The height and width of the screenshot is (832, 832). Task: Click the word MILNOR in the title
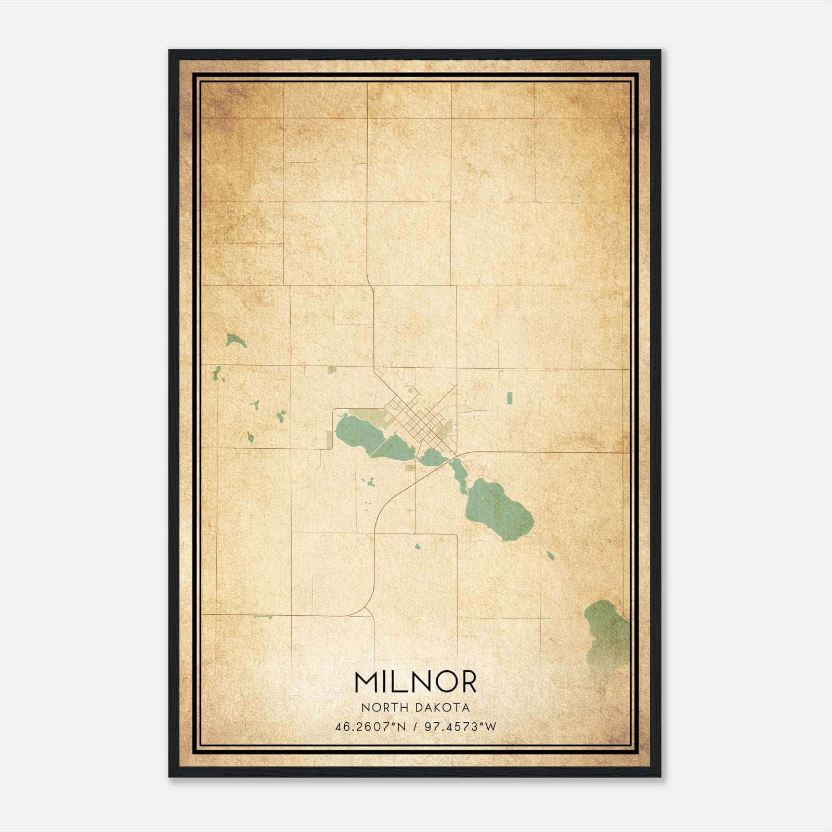click(x=415, y=682)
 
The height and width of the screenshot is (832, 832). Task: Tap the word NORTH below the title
click(x=384, y=708)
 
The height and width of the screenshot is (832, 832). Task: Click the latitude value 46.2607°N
click(x=371, y=727)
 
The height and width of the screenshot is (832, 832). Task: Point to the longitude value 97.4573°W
click(x=461, y=727)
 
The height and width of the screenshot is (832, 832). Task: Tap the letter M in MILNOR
click(x=367, y=682)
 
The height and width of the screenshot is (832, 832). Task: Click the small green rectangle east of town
click(x=509, y=398)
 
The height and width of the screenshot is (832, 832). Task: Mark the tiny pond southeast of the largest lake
click(x=550, y=556)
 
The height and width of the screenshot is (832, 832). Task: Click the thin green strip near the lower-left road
click(x=263, y=617)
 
